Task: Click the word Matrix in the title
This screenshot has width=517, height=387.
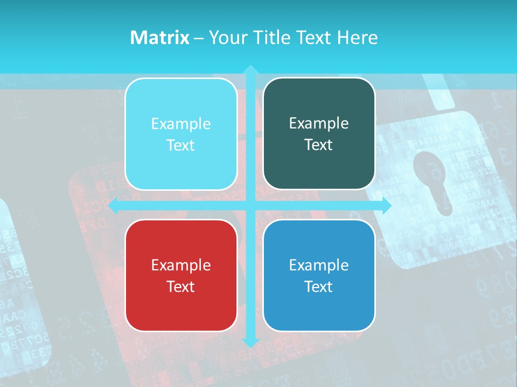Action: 159,38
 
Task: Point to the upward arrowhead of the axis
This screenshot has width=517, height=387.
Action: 250,70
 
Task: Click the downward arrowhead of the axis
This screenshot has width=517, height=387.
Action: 250,342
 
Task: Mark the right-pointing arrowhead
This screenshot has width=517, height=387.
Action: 386,206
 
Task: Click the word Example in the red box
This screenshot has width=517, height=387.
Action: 181,265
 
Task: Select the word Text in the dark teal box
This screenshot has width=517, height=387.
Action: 319,145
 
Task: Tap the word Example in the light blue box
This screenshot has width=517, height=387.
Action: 181,124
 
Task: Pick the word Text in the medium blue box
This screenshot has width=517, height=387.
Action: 319,286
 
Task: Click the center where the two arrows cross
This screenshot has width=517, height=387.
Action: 250,206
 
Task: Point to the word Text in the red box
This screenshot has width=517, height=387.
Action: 181,286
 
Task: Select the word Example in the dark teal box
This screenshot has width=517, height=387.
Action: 319,123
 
